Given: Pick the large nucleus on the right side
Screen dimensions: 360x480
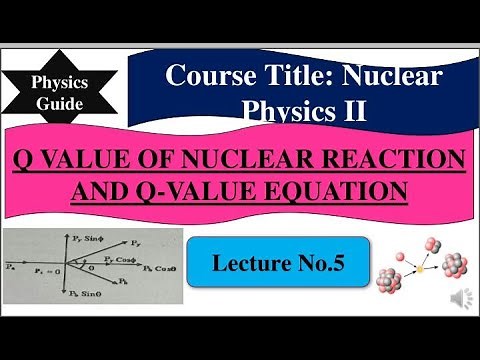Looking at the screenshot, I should (453, 266).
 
